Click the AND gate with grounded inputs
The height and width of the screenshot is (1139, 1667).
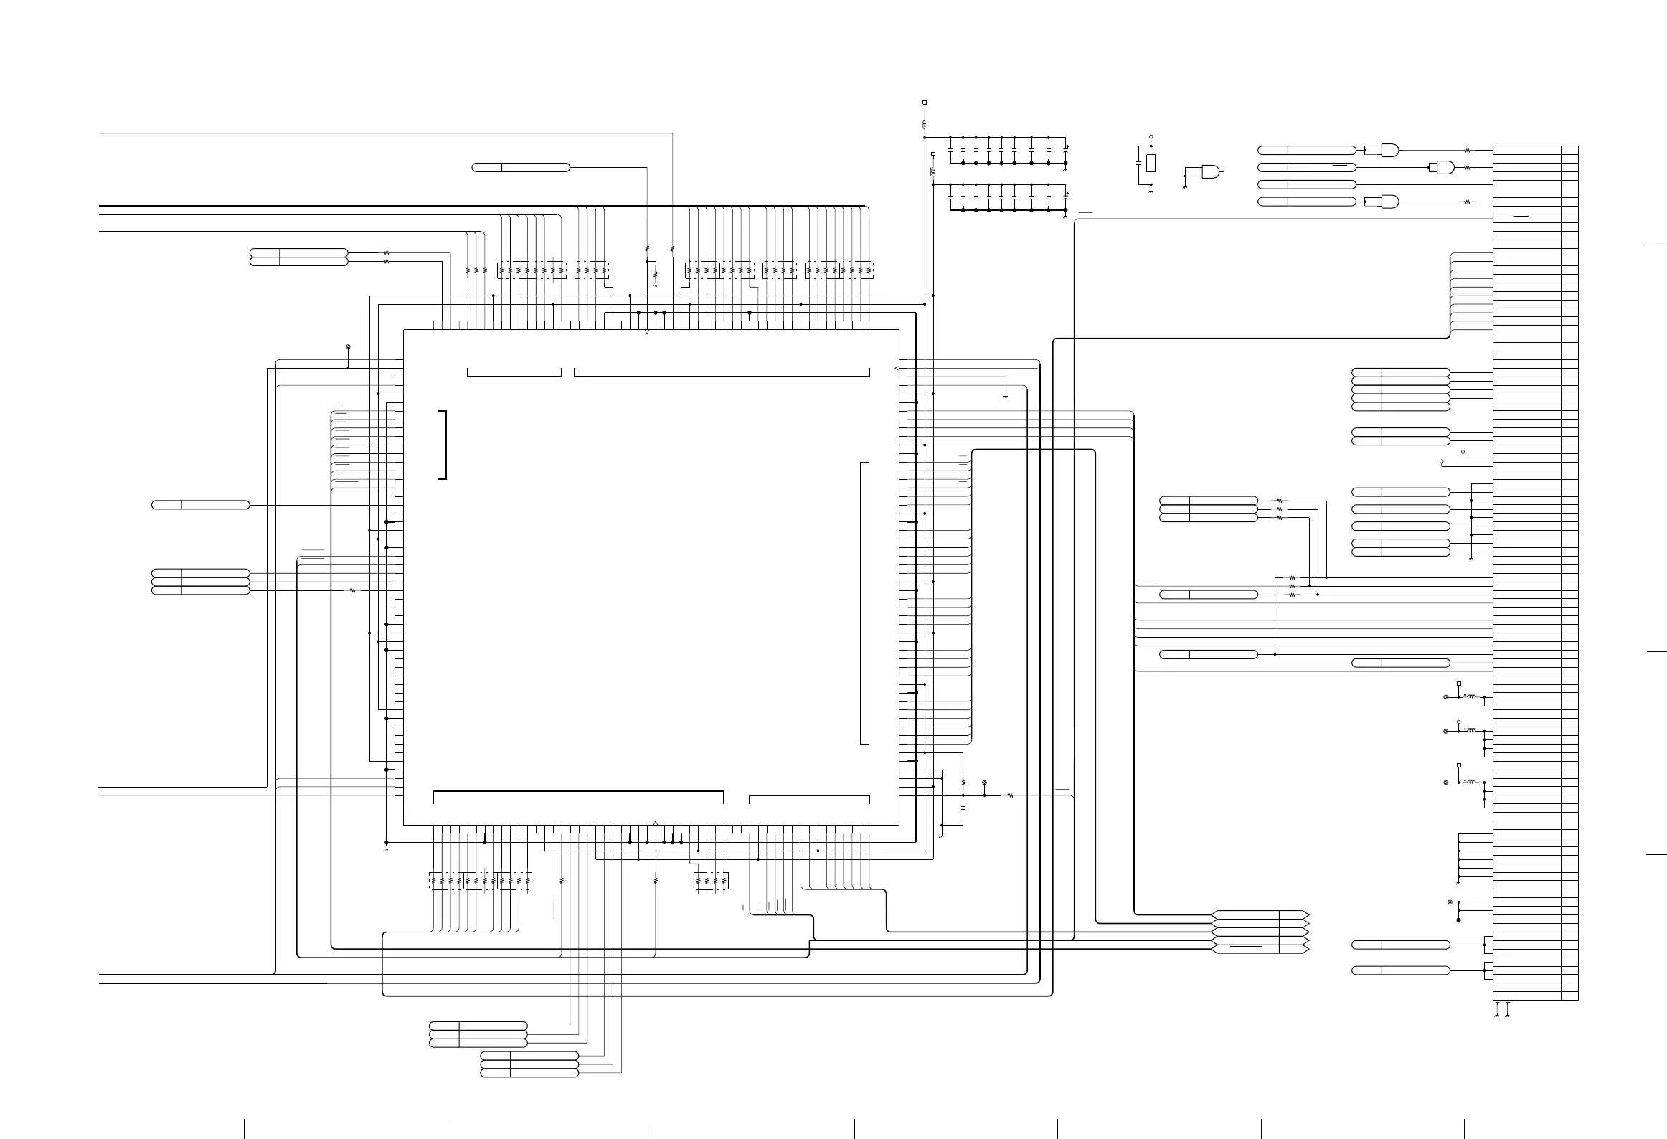1210,171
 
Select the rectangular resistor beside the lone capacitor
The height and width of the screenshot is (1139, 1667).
1151,163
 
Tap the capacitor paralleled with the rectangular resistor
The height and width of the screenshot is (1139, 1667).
1138,164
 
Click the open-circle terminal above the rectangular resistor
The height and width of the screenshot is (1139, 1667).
1151,136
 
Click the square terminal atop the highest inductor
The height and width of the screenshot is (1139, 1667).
925,103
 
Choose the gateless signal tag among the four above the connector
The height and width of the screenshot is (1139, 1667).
1306,184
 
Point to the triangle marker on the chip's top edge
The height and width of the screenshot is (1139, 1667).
647,332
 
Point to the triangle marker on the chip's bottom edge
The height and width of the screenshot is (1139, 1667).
656,822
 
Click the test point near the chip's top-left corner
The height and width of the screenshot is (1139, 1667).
348,347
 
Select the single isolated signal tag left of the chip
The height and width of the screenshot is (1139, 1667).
201,505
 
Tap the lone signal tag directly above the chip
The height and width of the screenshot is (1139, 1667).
521,167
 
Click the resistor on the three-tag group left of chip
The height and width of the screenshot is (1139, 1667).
352,591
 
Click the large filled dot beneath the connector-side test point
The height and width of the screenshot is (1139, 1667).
1458,920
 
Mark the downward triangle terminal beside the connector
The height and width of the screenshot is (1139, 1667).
1463,454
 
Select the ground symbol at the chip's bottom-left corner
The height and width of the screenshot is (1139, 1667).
387,849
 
